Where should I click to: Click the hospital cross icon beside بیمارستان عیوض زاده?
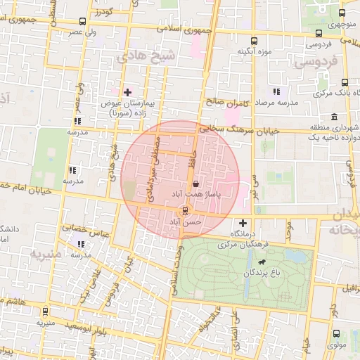click(127, 92)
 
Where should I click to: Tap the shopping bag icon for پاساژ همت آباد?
click(205, 180)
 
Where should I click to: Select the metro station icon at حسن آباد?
click(185, 210)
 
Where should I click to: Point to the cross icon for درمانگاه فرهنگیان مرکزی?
click(243, 223)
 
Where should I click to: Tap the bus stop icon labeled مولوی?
click(335, 334)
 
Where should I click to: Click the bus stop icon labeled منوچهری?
click(342, 13)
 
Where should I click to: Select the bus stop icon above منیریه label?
click(46, 311)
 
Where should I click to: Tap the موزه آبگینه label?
click(254, 51)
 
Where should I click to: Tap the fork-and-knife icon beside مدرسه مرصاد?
click(276, 92)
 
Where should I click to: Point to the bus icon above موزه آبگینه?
click(254, 40)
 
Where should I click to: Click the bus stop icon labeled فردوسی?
click(319, 33)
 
